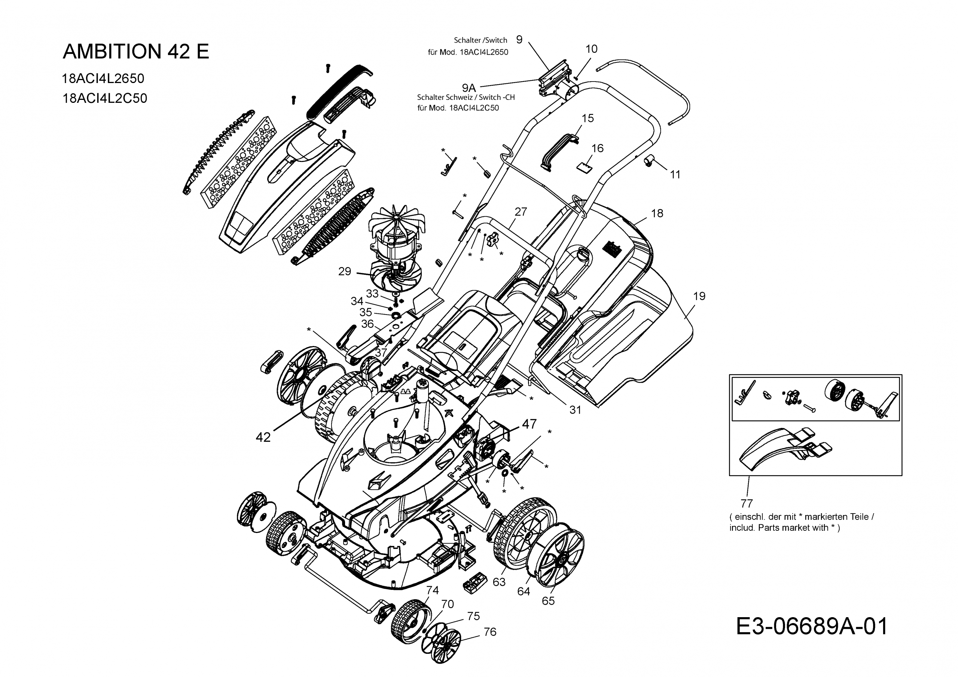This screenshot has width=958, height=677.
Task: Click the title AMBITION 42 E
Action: pyautogui.click(x=135, y=51)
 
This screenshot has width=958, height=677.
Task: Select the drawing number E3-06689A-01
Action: pyautogui.click(x=812, y=626)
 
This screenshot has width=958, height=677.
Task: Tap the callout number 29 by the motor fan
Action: pyautogui.click(x=345, y=272)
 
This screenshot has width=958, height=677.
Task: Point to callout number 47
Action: pyautogui.click(x=529, y=424)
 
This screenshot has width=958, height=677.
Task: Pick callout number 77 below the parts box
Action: pyautogui.click(x=747, y=503)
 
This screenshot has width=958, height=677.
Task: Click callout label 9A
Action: pyautogui.click(x=469, y=88)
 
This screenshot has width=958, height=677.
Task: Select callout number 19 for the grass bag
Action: pyautogui.click(x=699, y=296)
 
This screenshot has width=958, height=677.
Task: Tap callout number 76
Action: pyautogui.click(x=490, y=632)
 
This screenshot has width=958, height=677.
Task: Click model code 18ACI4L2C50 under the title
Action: pyautogui.click(x=104, y=98)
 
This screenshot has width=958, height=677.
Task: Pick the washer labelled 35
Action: pyautogui.click(x=395, y=313)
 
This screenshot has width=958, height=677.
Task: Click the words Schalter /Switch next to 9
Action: pyautogui.click(x=480, y=40)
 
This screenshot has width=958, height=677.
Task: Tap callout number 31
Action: pyautogui.click(x=575, y=410)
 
